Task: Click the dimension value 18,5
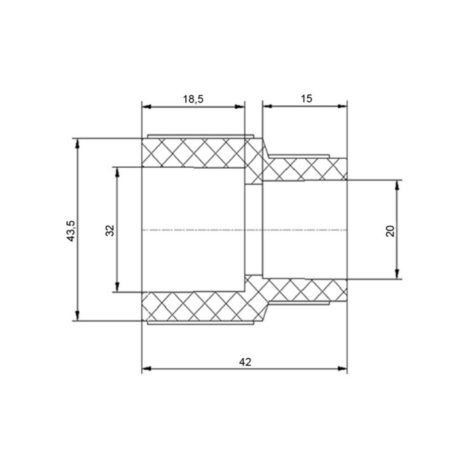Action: coord(193,99)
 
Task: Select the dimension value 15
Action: coord(306,98)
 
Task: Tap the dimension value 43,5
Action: coord(72,230)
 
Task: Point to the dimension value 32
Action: coord(110,230)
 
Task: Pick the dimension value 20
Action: coord(390,230)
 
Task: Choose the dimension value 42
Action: coord(245,362)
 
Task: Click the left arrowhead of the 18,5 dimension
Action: coord(147,107)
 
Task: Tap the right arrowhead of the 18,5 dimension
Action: coord(240,107)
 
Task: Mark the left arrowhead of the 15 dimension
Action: coord(267,106)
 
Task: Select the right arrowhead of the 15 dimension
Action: coord(342,106)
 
